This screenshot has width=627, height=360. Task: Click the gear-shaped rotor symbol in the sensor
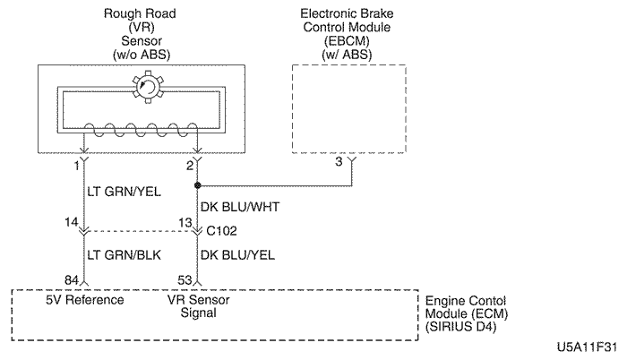pyautogui.click(x=144, y=90)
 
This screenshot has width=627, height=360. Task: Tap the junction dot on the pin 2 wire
pyautogui.click(x=197, y=186)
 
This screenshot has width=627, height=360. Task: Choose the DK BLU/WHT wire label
pyautogui.click(x=240, y=207)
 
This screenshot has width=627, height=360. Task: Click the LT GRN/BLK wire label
pyautogui.click(x=125, y=256)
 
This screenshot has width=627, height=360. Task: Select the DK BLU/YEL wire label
pyautogui.click(x=239, y=256)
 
